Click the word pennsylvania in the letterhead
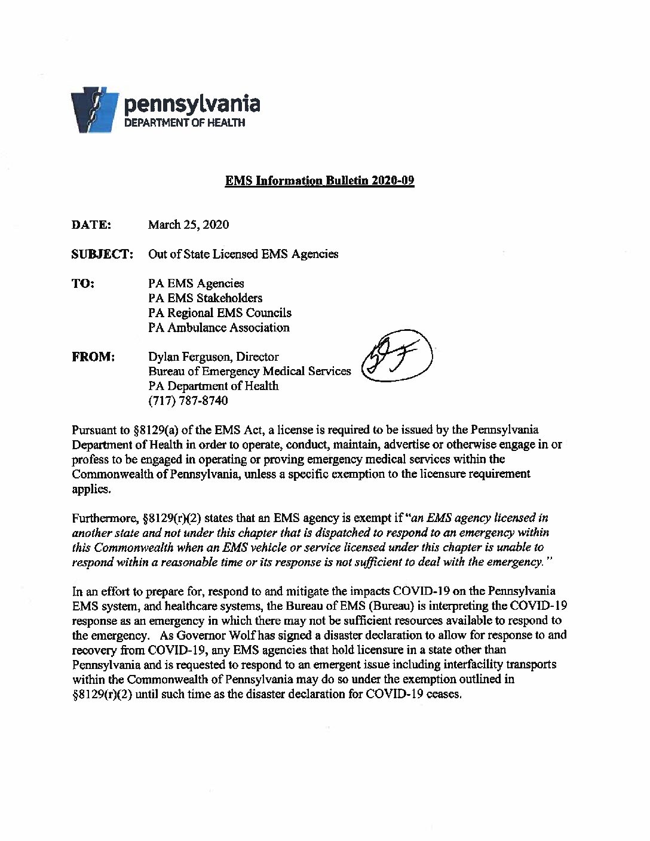click(x=191, y=104)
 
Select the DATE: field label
click(x=91, y=225)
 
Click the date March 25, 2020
click(x=188, y=225)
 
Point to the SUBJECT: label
click(x=102, y=254)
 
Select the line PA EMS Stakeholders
click(x=205, y=298)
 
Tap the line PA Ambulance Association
click(x=219, y=327)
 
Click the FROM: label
click(x=93, y=357)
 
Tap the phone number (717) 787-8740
click(x=188, y=401)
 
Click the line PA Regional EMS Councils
click(x=220, y=312)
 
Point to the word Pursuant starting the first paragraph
click(x=93, y=430)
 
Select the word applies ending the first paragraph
click(x=91, y=489)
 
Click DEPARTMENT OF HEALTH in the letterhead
click(x=184, y=122)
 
